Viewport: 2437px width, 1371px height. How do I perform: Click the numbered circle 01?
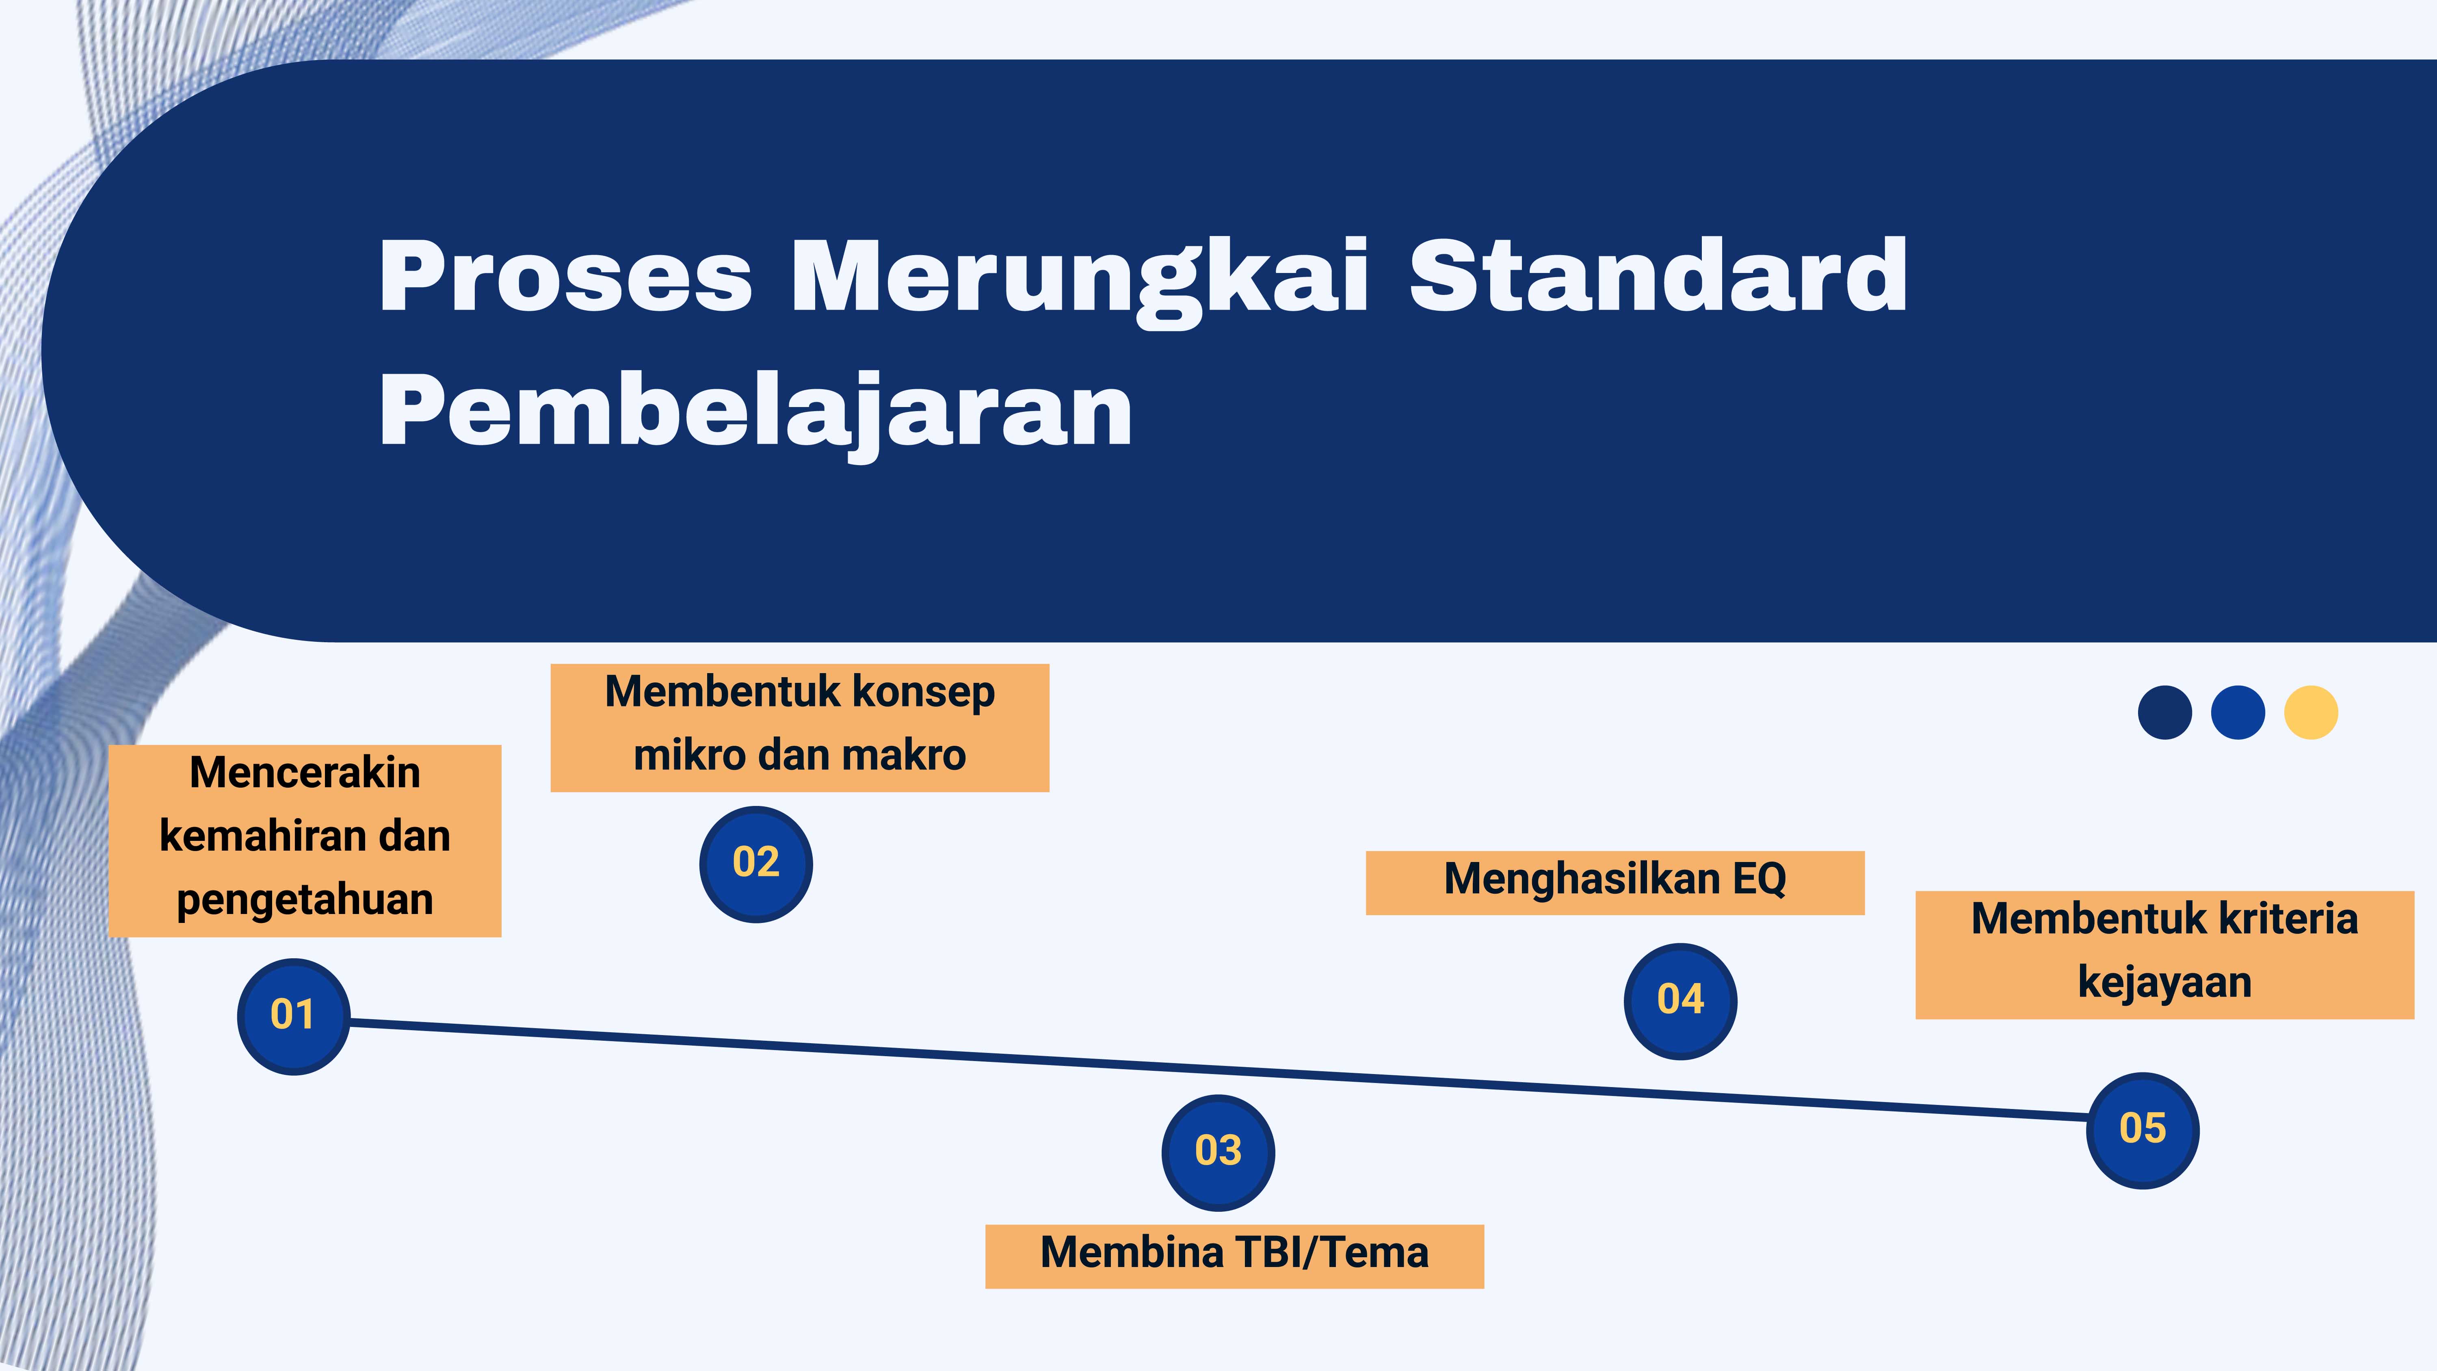pos(293,1016)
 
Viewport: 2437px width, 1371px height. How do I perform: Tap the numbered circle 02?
pos(756,864)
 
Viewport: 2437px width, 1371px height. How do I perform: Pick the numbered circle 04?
pos(1680,1001)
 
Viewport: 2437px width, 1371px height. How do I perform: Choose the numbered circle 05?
pos(2143,1130)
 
